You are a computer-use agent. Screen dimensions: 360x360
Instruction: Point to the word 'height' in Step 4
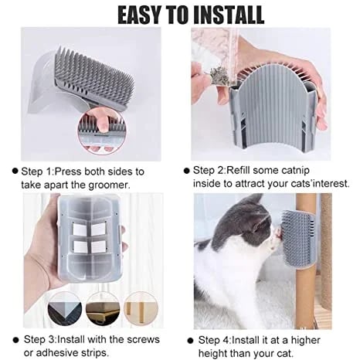(213, 352)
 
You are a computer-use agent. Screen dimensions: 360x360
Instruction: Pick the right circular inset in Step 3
(142, 309)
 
